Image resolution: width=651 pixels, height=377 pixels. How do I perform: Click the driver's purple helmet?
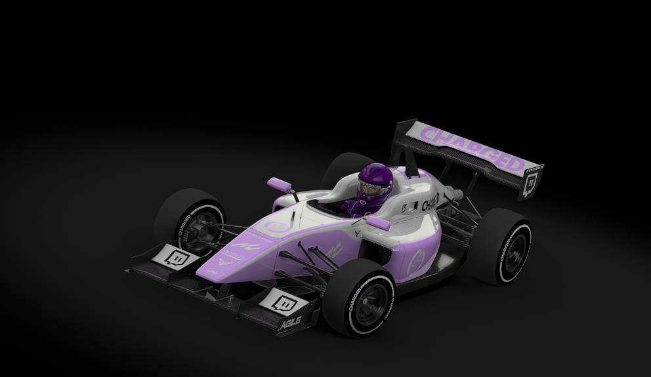pos(375,182)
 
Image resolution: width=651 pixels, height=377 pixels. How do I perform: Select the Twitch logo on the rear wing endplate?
pos(530,182)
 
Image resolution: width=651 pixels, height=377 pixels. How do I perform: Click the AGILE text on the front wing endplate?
pos(290,323)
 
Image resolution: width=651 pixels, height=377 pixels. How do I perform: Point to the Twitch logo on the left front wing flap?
pos(176,256)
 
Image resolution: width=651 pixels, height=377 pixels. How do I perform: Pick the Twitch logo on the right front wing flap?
pos(284,302)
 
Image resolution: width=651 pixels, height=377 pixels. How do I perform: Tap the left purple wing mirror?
pos(279,183)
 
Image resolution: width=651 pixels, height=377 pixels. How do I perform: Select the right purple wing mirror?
pos(379,223)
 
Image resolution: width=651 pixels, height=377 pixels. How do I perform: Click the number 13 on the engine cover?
pos(405,208)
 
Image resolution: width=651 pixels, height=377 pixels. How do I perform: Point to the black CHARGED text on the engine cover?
pos(430,201)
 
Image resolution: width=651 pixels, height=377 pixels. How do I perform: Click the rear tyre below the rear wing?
pos(502,245)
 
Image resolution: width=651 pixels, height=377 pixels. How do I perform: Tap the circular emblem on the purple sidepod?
pos(415,262)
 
